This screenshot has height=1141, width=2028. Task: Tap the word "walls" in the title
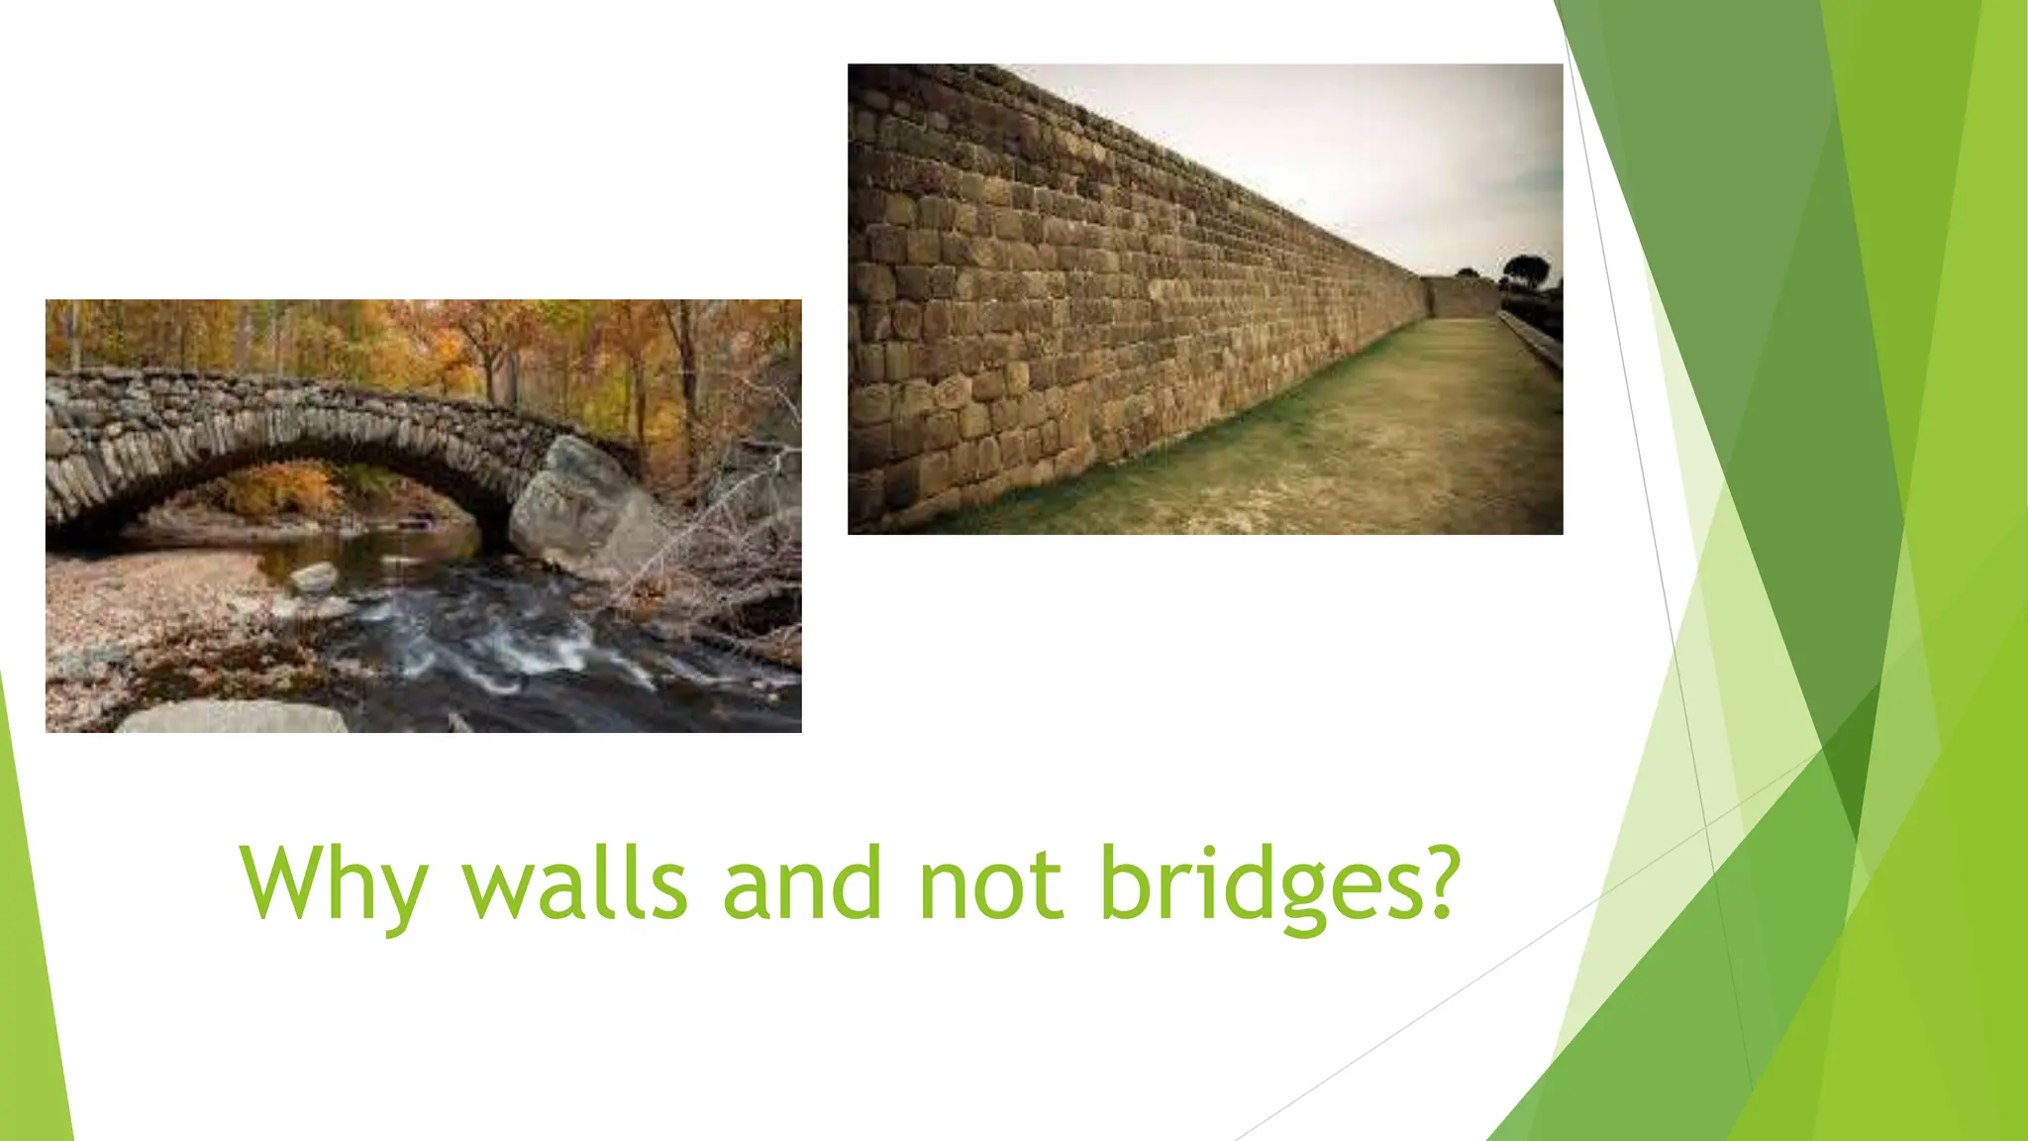(574, 881)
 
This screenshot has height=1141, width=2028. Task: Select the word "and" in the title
(801, 881)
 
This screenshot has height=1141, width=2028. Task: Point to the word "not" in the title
(989, 882)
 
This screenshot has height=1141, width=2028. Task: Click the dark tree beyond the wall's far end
(1526, 268)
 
